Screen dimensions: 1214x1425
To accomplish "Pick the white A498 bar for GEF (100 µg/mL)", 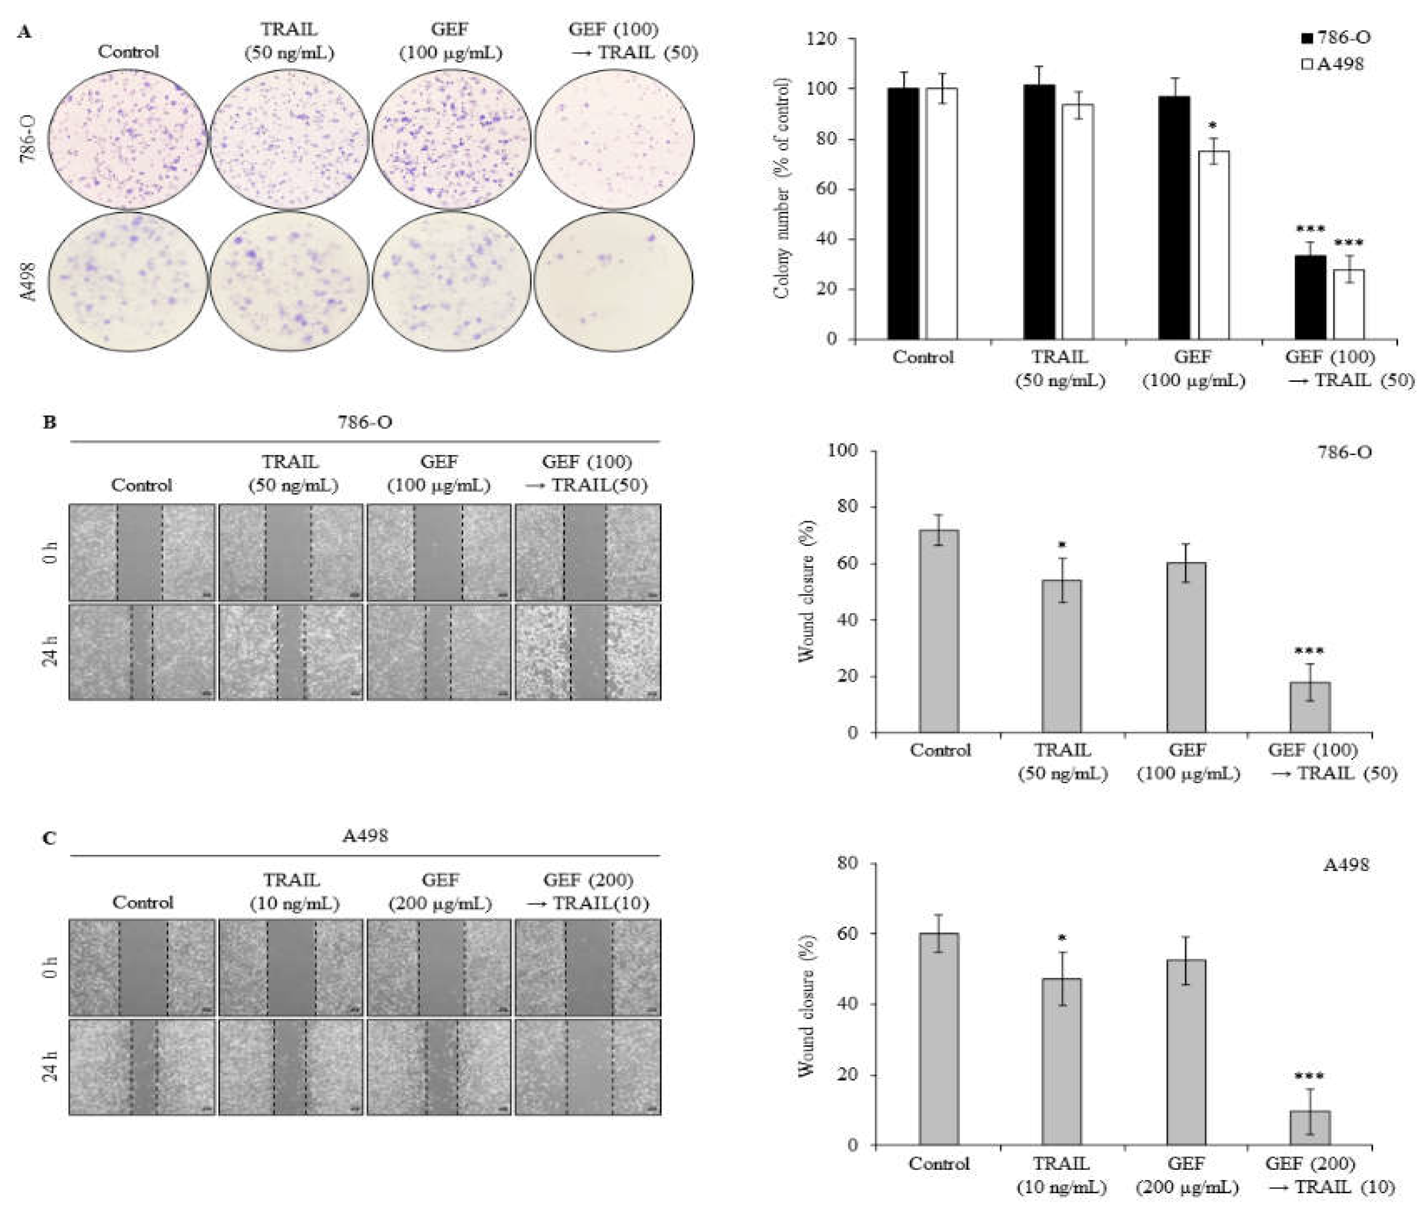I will click(x=1214, y=245).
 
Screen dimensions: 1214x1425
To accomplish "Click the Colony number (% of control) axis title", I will click(x=782, y=188).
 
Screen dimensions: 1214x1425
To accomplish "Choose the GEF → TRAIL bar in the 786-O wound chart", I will click(x=1309, y=706).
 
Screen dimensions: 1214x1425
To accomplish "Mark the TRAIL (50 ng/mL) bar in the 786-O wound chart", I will click(x=1061, y=656).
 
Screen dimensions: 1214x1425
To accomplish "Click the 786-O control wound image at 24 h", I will click(x=142, y=652).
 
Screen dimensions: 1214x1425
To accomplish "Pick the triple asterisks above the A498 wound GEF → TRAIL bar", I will click(x=1309, y=1076).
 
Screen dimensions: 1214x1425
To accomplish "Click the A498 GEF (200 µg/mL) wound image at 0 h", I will click(x=439, y=967).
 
